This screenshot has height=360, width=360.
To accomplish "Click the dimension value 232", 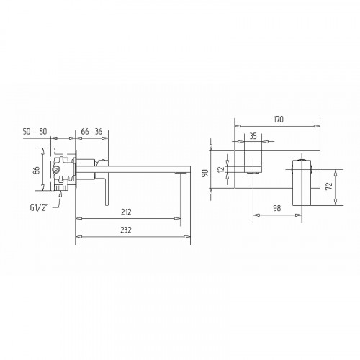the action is click(x=126, y=230).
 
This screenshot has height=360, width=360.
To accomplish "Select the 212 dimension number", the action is click(x=126, y=212).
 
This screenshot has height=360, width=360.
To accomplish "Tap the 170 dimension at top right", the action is click(x=279, y=119).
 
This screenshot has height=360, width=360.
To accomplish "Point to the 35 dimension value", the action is click(x=253, y=136).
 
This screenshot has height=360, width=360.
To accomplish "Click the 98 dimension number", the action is click(x=276, y=208).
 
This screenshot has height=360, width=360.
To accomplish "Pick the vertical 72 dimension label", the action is click(x=329, y=185).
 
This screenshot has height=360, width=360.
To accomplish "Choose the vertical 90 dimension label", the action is click(x=205, y=174).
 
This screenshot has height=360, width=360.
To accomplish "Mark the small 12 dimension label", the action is click(x=221, y=169).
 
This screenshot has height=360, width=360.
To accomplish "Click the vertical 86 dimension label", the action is click(x=37, y=170).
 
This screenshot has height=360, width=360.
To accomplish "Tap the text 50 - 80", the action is click(x=35, y=132).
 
